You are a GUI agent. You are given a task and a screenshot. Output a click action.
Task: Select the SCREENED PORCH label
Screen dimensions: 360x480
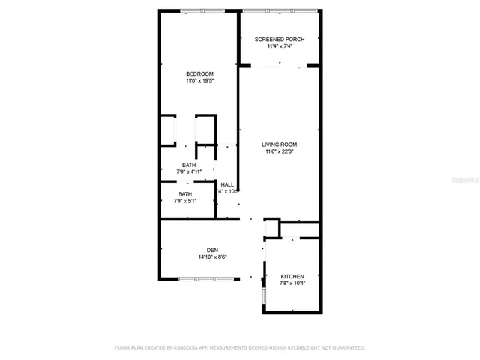pyautogui.click(x=279, y=39)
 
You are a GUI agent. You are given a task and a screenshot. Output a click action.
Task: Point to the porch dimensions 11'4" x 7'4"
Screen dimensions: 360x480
pyautogui.click(x=279, y=46)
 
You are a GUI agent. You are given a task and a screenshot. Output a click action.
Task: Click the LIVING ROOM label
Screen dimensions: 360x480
pyautogui.click(x=279, y=145)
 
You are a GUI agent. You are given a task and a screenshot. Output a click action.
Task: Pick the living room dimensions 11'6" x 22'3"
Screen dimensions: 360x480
pyautogui.click(x=279, y=151)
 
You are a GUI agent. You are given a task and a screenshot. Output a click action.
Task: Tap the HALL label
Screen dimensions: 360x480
pyautogui.click(x=227, y=184)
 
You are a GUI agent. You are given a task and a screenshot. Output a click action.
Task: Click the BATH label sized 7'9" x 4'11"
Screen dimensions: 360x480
pyautogui.click(x=188, y=165)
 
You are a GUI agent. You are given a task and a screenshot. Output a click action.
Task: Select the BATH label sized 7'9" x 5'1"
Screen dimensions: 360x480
pyautogui.click(x=184, y=194)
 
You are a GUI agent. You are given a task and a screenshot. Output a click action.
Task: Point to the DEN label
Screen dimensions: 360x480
pyautogui.click(x=212, y=250)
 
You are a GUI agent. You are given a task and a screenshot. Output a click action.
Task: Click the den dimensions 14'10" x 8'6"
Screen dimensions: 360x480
pyautogui.click(x=212, y=256)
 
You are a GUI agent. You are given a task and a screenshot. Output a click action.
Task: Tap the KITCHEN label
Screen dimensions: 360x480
pyautogui.click(x=292, y=276)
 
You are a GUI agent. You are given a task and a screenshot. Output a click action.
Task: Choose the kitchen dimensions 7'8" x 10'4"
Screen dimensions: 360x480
pyautogui.click(x=292, y=283)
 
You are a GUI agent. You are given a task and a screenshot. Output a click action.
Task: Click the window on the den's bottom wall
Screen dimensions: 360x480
pyautogui.click(x=201, y=279)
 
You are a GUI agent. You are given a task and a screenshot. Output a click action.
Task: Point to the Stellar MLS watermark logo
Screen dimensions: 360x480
pyautogui.click(x=462, y=181)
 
